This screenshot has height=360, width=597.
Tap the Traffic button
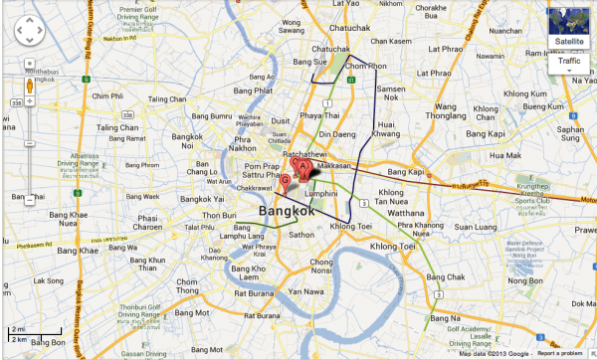[569, 62]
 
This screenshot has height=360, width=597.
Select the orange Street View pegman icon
[28, 86]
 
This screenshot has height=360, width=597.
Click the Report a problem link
[560, 353]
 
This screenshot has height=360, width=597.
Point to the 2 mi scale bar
[18, 329]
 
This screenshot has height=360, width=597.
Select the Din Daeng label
[337, 132]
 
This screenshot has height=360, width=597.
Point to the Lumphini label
[322, 193]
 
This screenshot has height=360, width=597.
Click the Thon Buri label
[219, 214]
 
